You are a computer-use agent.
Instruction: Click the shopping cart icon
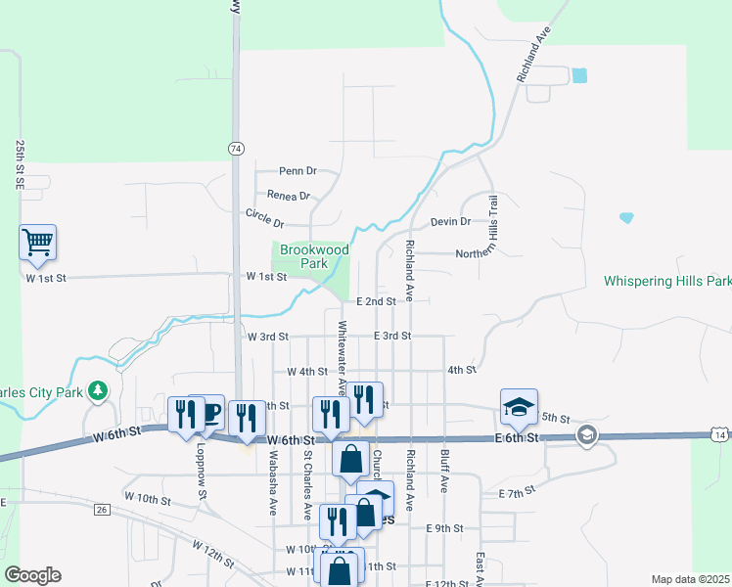click(37, 241)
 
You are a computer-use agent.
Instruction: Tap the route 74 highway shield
click(235, 149)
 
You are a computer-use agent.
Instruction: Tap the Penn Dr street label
click(298, 170)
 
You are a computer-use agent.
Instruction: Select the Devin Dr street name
click(451, 222)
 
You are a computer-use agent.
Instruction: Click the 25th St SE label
click(20, 163)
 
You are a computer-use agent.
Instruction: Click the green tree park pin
click(97, 392)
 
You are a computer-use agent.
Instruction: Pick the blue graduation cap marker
click(520, 405)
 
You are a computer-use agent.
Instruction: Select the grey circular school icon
click(587, 436)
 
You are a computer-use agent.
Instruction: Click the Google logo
click(32, 575)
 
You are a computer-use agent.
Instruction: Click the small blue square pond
click(579, 74)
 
